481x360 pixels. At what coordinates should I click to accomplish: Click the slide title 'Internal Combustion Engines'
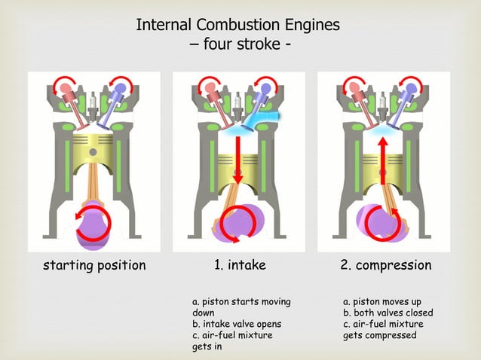237,25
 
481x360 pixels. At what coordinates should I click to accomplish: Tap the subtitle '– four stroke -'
240,44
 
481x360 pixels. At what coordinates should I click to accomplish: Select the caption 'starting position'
94,265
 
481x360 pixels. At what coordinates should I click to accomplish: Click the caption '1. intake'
240,265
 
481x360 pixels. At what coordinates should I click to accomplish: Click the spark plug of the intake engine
238,101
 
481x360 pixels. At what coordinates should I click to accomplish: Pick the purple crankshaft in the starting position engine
94,224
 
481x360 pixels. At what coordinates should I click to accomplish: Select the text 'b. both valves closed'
388,313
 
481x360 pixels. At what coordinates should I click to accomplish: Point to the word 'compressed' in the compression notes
391,335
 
